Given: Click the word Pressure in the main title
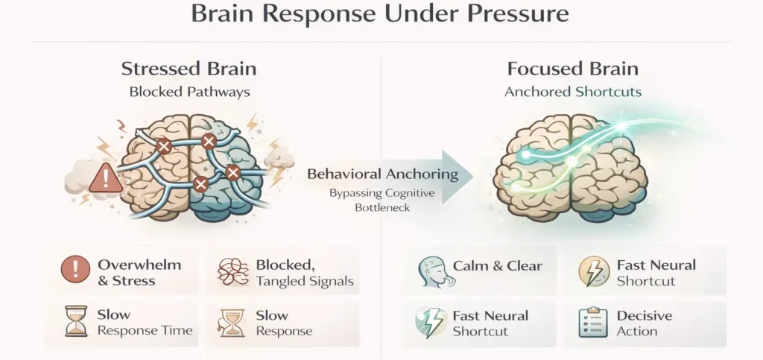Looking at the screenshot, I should (504, 15).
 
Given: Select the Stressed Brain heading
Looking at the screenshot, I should (189, 69).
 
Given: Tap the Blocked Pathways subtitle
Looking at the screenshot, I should (189, 92).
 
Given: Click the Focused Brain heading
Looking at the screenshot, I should (572, 69).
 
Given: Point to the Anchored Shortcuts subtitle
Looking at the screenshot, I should (572, 92).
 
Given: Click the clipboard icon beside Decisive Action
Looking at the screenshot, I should (592, 323).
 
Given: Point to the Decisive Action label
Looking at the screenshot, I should (645, 323).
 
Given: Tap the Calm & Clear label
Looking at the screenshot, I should (497, 265).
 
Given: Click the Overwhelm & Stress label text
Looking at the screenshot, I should (138, 272).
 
